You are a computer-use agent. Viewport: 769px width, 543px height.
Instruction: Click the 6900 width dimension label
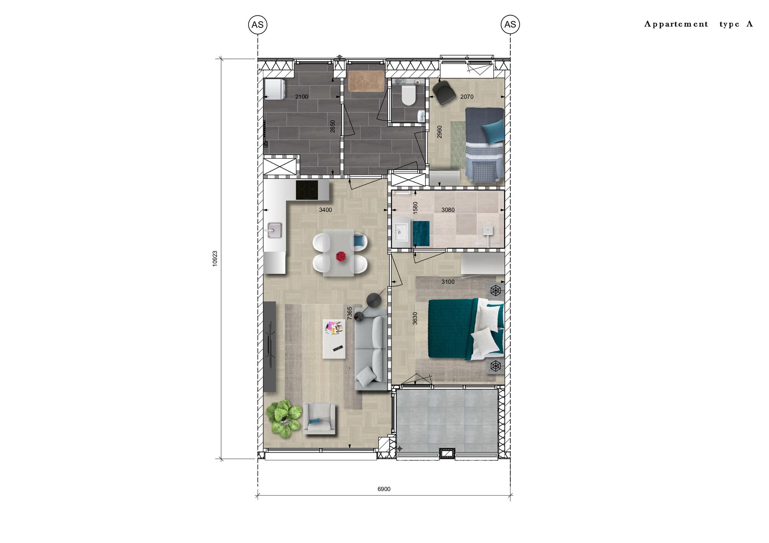pyautogui.click(x=384, y=489)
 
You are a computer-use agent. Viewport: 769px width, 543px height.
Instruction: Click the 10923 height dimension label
pyautogui.click(x=215, y=259)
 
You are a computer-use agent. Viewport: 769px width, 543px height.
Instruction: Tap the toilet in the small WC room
pyautogui.click(x=408, y=95)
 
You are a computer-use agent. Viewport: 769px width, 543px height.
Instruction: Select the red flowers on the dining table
pyautogui.click(x=341, y=256)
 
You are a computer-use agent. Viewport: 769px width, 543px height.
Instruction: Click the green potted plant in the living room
pyautogui.click(x=283, y=418)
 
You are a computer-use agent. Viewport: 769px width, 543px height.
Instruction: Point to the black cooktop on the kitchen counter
pyautogui.click(x=307, y=190)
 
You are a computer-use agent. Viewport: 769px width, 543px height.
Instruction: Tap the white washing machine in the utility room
pyautogui.click(x=275, y=89)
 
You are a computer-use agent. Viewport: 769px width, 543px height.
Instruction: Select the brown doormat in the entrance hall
pyautogui.click(x=366, y=81)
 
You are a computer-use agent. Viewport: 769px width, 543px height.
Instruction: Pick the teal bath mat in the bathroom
pyautogui.click(x=421, y=234)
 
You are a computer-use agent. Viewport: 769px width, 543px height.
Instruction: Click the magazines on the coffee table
pyautogui.click(x=334, y=327)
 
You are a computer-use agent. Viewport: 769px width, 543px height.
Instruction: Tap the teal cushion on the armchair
pyautogui.click(x=315, y=421)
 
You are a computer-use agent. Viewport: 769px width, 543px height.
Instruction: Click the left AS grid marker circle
pyautogui.click(x=258, y=25)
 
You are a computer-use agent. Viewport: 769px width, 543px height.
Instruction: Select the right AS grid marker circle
pyautogui.click(x=510, y=24)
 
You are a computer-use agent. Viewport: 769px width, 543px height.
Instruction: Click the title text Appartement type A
pyautogui.click(x=699, y=24)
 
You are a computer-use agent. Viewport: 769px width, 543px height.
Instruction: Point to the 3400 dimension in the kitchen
pyautogui.click(x=326, y=210)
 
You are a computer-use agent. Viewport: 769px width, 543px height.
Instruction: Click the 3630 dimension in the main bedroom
pyautogui.click(x=415, y=318)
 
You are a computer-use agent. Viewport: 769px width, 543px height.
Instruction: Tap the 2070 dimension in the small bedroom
pyautogui.click(x=467, y=97)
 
